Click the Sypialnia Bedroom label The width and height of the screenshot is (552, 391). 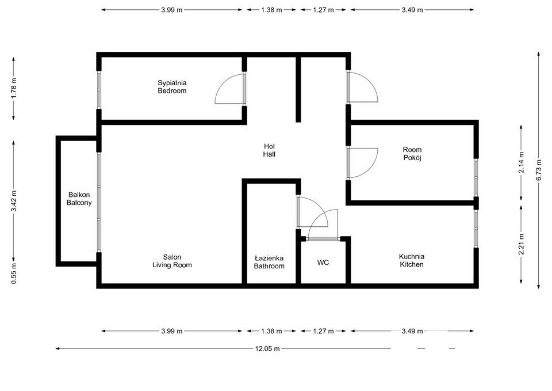coord(172,87)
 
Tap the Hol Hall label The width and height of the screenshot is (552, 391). coord(269,150)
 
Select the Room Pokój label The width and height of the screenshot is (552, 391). coord(412,154)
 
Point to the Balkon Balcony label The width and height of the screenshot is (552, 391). coord(79,199)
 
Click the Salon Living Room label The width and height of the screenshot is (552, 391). coord(172,261)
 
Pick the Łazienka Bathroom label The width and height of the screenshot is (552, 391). coord(269,262)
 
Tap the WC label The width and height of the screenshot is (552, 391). coord(323,263)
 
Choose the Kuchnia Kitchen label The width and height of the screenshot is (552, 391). coord(412,260)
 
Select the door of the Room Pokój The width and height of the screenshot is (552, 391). coord(363,162)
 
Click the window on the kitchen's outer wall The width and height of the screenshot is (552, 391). coord(476,229)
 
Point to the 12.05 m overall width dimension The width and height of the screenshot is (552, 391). coord(268,348)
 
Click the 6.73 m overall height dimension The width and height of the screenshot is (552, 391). coord(539,170)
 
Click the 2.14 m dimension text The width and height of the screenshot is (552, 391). coord(521,162)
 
